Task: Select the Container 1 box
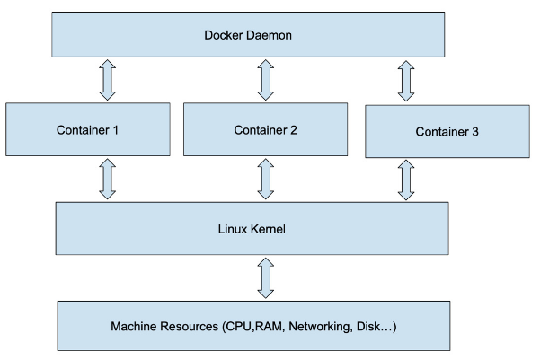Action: click(x=88, y=128)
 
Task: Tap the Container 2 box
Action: click(x=267, y=128)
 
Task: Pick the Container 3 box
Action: click(x=447, y=131)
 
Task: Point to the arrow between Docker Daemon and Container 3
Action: click(x=406, y=82)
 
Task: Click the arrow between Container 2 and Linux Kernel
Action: click(x=265, y=178)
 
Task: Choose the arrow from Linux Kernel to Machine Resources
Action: click(x=265, y=278)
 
